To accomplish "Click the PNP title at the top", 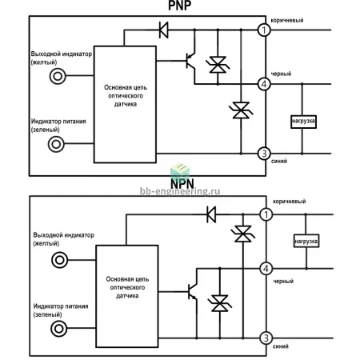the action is [179, 6].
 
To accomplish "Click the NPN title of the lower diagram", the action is [182, 184].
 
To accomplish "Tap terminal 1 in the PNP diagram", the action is [264, 30].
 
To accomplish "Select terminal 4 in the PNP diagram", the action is [264, 84].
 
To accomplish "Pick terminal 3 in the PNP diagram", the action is [264, 154].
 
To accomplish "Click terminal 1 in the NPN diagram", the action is [266, 214].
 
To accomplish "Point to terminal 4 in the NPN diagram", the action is [266, 269].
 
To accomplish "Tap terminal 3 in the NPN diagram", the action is [266, 338].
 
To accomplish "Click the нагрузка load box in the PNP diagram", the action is [303, 122].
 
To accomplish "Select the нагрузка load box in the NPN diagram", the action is [306, 241].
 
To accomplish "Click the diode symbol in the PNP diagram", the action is [163, 30].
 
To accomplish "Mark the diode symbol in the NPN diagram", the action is [211, 214].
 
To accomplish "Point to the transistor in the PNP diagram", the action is [190, 61].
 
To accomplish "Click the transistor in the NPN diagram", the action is [193, 291].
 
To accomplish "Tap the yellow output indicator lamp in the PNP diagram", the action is [58, 76].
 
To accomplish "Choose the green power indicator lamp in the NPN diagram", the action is [59, 328].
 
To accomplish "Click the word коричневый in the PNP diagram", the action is [287, 20].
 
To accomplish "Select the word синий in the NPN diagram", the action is [281, 346].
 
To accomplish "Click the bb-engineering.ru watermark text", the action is [180, 191].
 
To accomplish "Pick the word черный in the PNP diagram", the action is [281, 74].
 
